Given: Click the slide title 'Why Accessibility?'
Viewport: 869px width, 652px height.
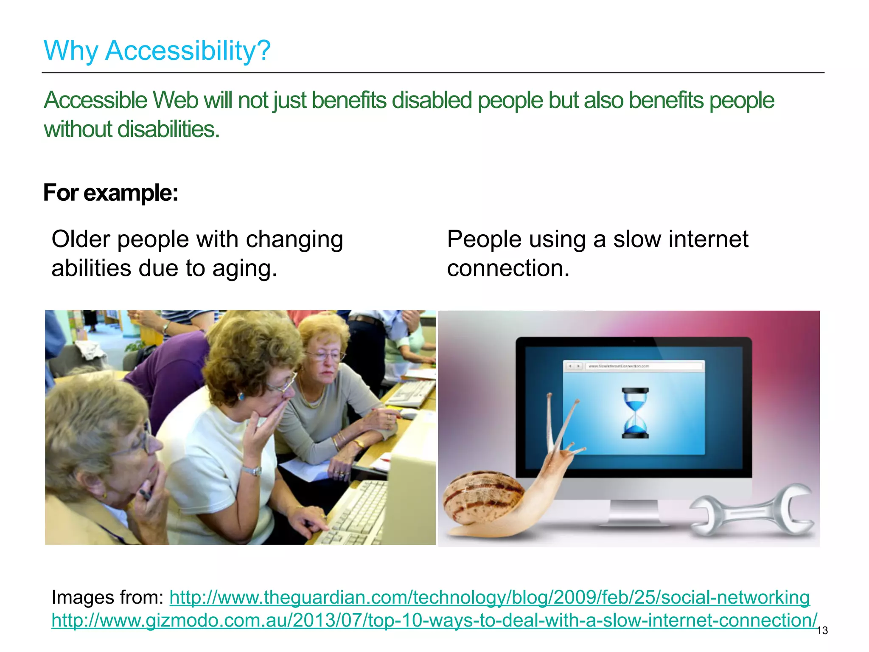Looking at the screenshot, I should (157, 51).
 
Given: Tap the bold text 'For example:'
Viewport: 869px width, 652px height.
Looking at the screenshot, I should (110, 193).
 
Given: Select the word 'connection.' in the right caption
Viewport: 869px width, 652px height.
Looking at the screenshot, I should (508, 269).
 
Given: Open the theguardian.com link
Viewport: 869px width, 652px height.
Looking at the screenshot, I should (489, 597).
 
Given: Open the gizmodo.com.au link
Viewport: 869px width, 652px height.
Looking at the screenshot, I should (434, 620).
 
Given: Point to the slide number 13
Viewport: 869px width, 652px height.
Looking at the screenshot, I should (822, 631).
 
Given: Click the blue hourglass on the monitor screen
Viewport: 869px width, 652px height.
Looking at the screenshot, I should (635, 413).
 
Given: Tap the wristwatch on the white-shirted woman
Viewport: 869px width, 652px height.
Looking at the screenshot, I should (252, 470).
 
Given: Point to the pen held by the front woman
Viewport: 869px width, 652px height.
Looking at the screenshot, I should (144, 494).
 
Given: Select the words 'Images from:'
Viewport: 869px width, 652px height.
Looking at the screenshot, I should (107, 597).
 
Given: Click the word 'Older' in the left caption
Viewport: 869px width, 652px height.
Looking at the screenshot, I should (81, 239).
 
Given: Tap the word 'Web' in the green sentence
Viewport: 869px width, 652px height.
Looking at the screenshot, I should (175, 101).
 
